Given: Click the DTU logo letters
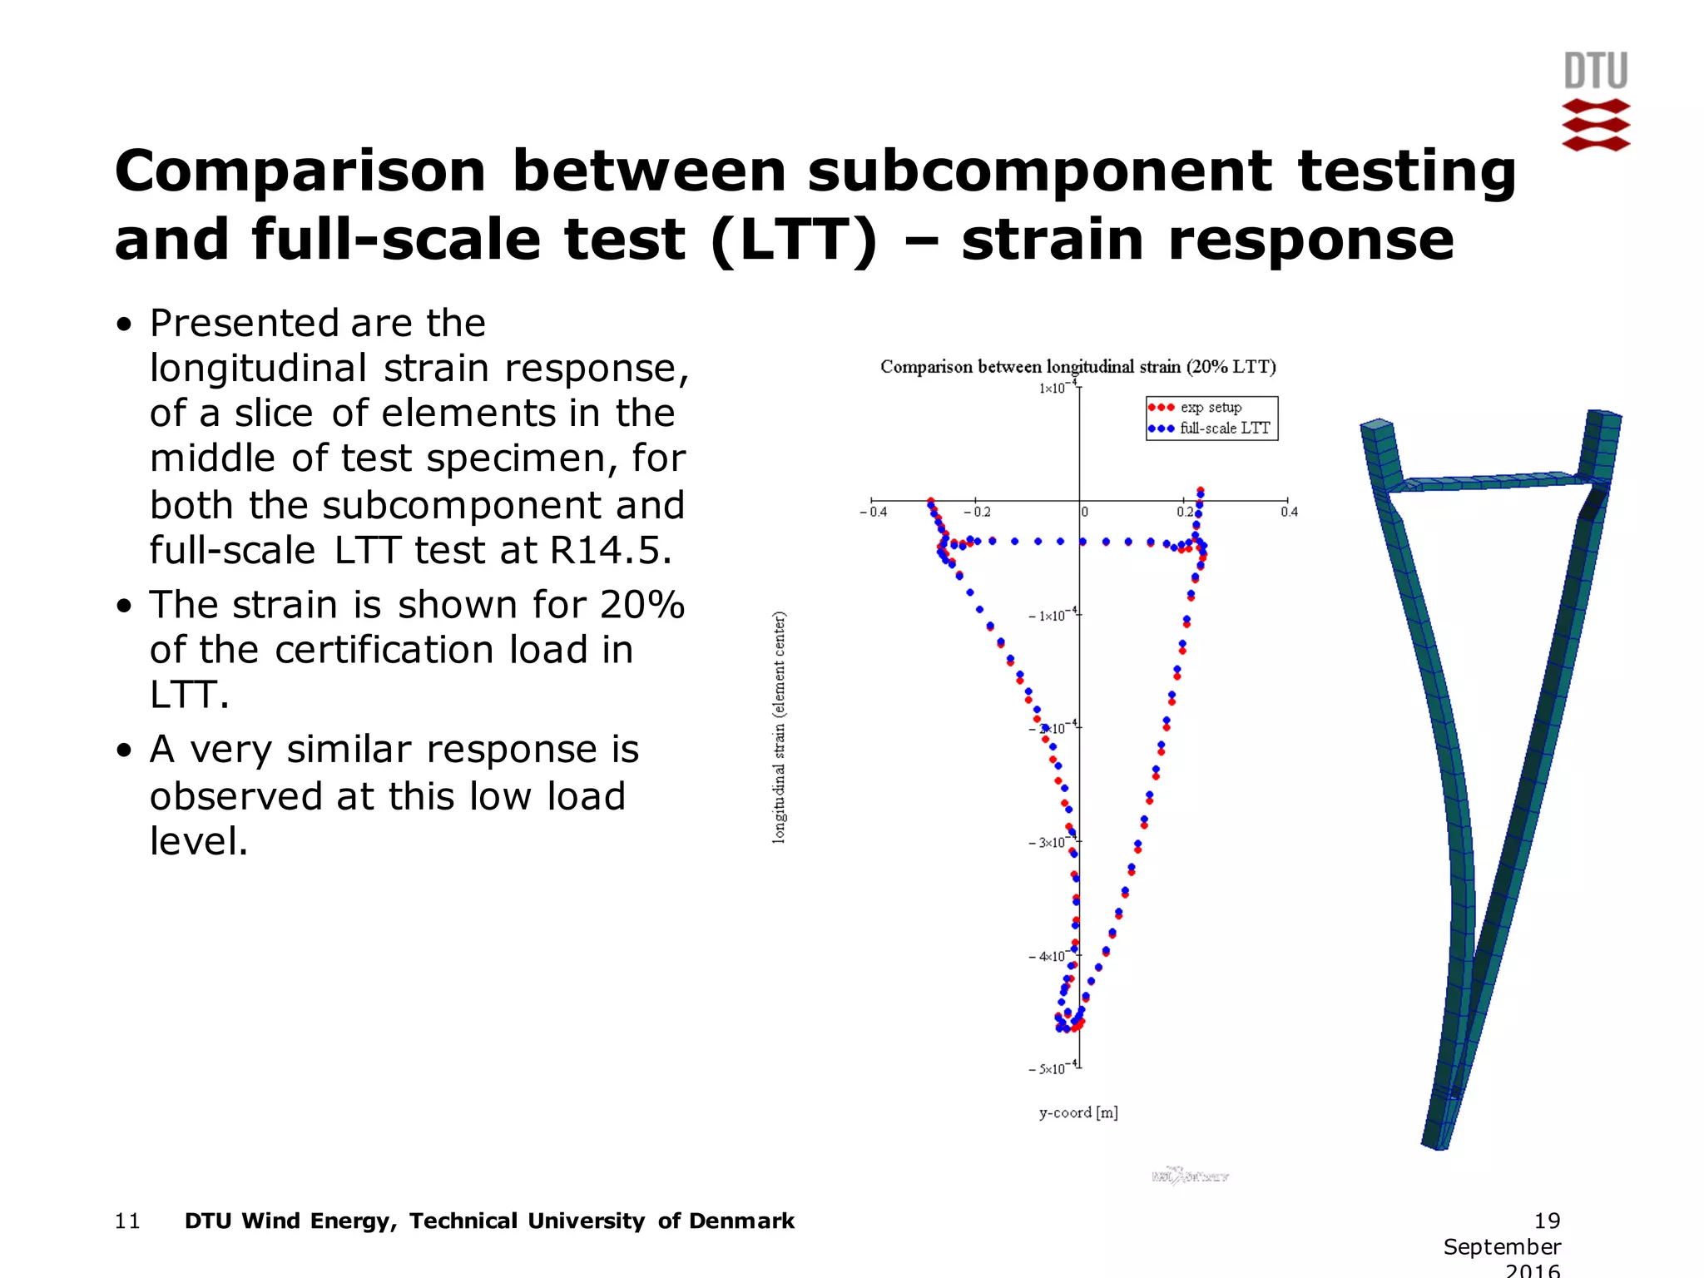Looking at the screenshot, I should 1595,71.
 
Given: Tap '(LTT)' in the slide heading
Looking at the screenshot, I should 794,240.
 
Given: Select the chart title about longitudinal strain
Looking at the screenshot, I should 1077,367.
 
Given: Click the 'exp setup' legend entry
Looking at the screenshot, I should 1210,408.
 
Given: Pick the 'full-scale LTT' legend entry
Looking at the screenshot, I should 1224,428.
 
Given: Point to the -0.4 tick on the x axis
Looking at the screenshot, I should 874,512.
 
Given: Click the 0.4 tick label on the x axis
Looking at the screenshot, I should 1289,512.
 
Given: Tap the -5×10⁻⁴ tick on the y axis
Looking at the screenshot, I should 1053,1067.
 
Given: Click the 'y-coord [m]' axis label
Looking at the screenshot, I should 1077,1112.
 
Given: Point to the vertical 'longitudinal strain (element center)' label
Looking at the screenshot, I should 779,728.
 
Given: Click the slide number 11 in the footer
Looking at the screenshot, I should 127,1221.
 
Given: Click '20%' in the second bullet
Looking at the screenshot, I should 641,605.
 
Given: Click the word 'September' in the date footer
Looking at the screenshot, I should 1501,1246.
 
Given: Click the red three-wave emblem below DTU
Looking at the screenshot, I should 1595,125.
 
